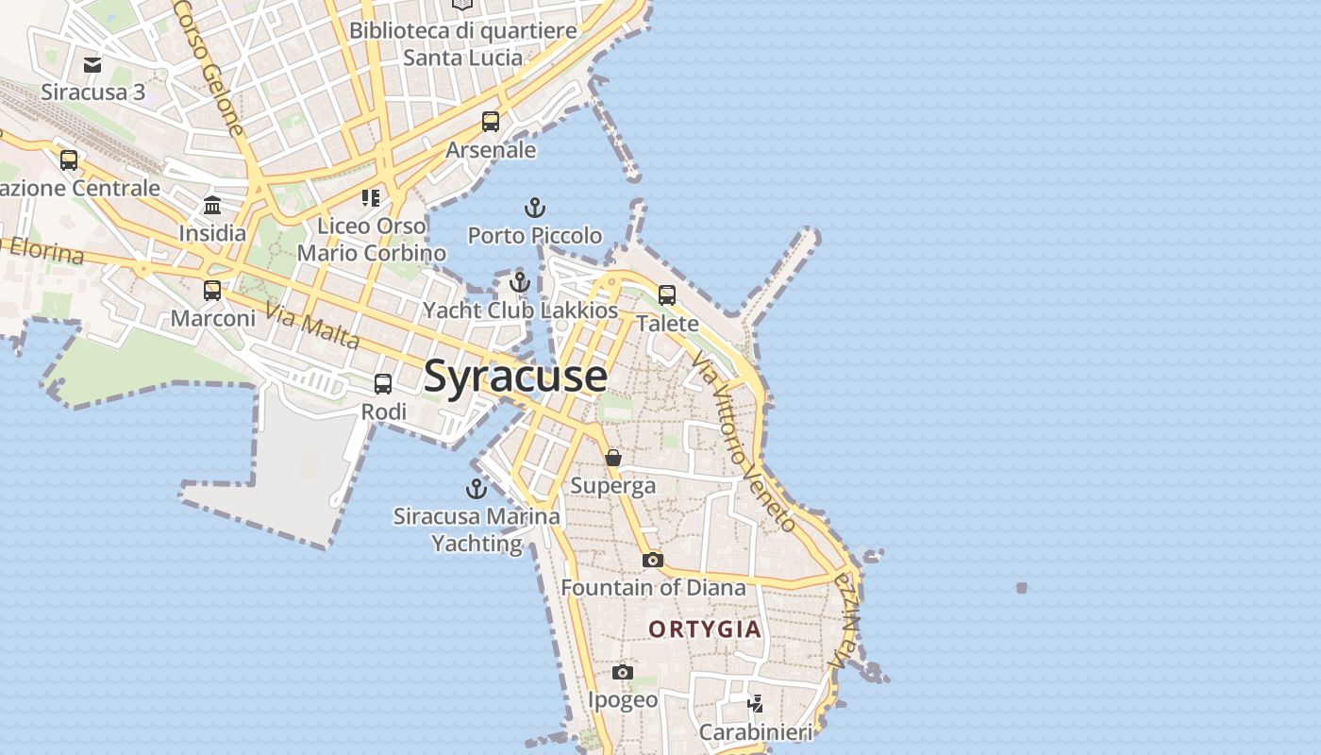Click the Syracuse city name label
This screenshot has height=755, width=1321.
click(x=515, y=376)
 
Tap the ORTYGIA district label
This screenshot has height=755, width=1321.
click(x=704, y=629)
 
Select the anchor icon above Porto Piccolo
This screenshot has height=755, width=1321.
click(x=535, y=208)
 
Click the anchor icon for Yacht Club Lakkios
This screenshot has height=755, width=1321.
click(x=520, y=281)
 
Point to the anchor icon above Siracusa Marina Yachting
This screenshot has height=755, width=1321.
click(x=476, y=489)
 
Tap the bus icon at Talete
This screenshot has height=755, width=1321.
click(x=667, y=294)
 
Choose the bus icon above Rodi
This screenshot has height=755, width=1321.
click(x=383, y=384)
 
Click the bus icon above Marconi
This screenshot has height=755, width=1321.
click(x=212, y=290)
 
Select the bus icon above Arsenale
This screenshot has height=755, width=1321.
click(x=491, y=121)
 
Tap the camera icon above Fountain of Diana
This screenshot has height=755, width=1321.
click(x=652, y=560)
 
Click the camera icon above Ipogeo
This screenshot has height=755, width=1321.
click(x=623, y=672)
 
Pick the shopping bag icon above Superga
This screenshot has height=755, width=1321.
click(x=613, y=458)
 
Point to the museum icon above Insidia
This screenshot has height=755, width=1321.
click(x=212, y=205)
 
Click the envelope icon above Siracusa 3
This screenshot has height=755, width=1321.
click(x=92, y=64)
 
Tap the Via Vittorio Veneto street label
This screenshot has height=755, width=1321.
click(x=744, y=443)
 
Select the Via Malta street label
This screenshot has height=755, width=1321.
click(x=312, y=326)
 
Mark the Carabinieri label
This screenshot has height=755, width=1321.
click(x=755, y=732)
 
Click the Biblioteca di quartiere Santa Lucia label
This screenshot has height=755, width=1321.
click(x=462, y=43)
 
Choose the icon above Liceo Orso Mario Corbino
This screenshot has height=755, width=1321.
click(x=371, y=197)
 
